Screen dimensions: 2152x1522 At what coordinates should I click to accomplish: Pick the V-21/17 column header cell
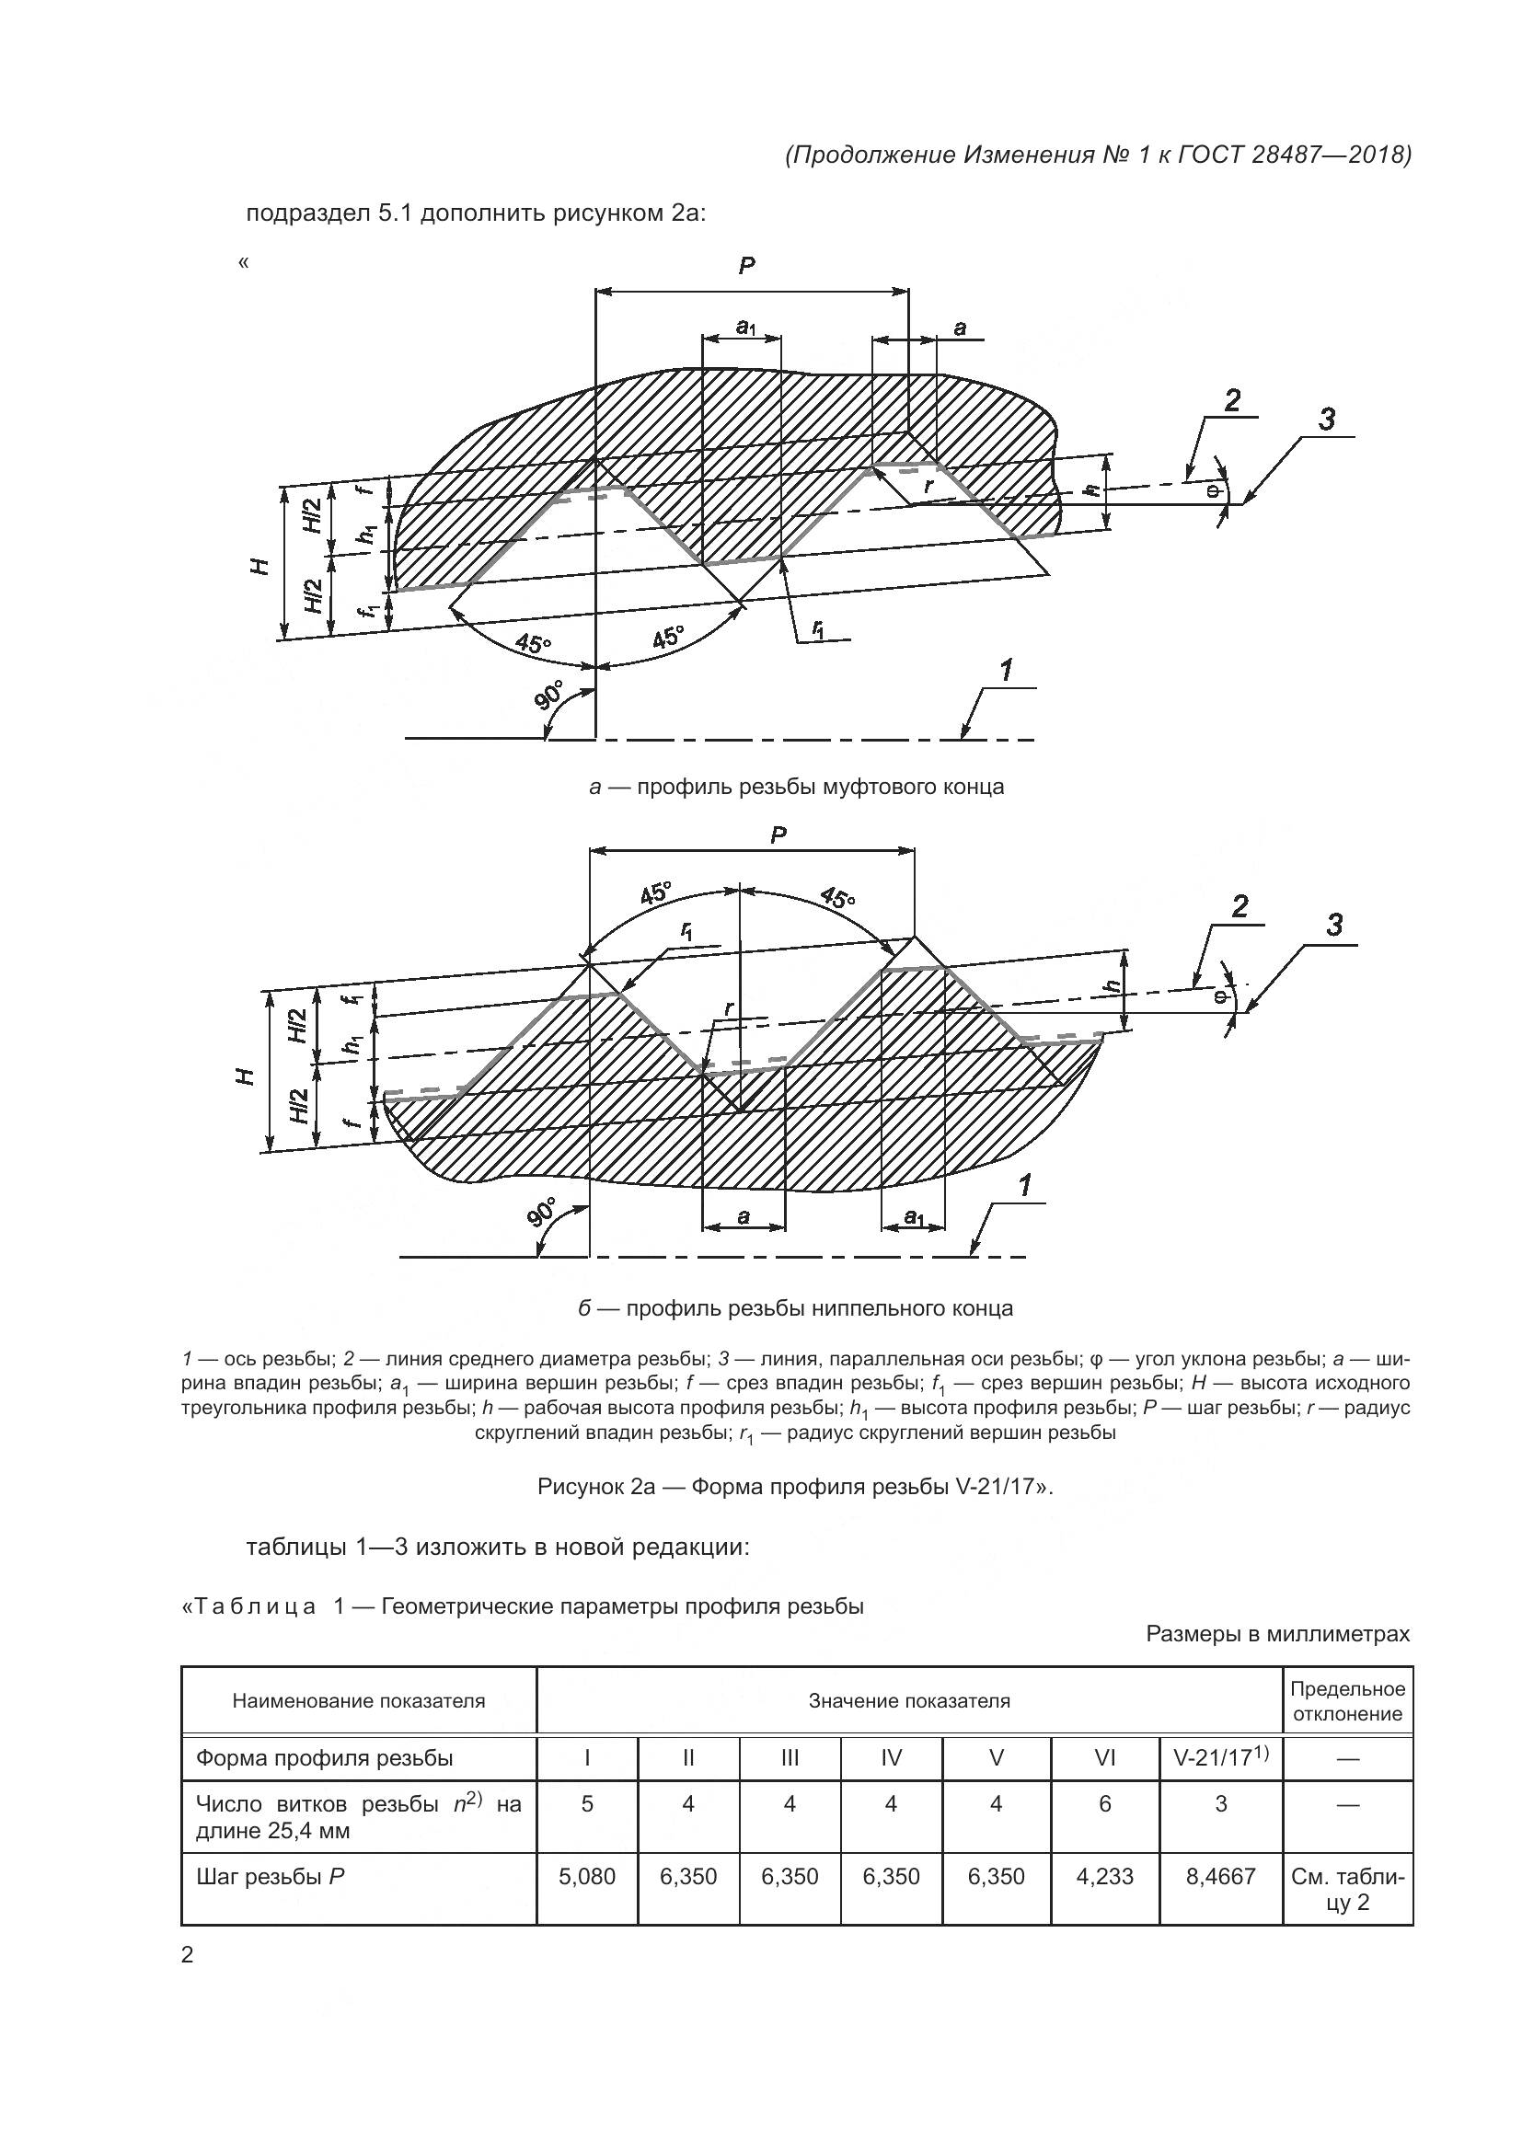coord(1220,1758)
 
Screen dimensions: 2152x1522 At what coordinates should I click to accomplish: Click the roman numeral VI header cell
coord(1105,1759)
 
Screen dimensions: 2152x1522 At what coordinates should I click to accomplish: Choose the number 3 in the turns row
coord(1220,1804)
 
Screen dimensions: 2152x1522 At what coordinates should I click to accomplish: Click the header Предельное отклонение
coord(1348,1701)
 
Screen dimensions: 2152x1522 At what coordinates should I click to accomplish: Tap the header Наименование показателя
coord(359,1701)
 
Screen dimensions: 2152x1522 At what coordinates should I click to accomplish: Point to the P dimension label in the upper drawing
coord(746,266)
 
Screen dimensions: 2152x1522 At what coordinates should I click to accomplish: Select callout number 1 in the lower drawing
coord(1024,1187)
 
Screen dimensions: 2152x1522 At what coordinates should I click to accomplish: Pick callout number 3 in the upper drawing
coord(1326,419)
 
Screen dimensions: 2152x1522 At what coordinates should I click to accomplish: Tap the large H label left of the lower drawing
coord(247,1077)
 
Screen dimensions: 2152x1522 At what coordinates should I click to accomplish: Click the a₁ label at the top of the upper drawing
coord(746,328)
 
